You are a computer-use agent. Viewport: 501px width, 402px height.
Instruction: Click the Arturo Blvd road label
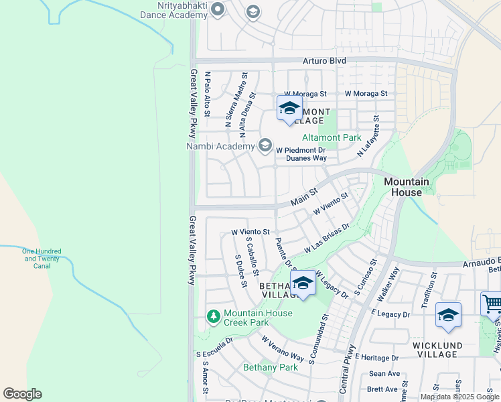(x=324, y=61)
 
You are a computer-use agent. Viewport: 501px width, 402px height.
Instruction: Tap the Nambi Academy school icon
(x=265, y=145)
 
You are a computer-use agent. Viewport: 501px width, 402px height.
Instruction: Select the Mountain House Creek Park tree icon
(x=214, y=316)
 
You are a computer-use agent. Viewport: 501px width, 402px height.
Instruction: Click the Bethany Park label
(x=271, y=367)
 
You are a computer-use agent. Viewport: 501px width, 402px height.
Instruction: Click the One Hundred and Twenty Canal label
(x=41, y=258)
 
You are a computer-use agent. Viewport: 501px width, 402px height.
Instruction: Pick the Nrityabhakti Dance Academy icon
(x=218, y=9)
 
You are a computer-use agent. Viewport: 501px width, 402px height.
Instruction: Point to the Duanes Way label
(x=306, y=159)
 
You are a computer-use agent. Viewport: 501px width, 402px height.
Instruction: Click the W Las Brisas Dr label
(x=328, y=238)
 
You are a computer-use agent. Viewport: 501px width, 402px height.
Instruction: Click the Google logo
(x=22, y=394)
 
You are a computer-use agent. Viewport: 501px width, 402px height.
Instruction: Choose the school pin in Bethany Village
(x=303, y=283)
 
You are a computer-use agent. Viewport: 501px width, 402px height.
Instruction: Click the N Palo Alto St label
(x=207, y=94)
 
